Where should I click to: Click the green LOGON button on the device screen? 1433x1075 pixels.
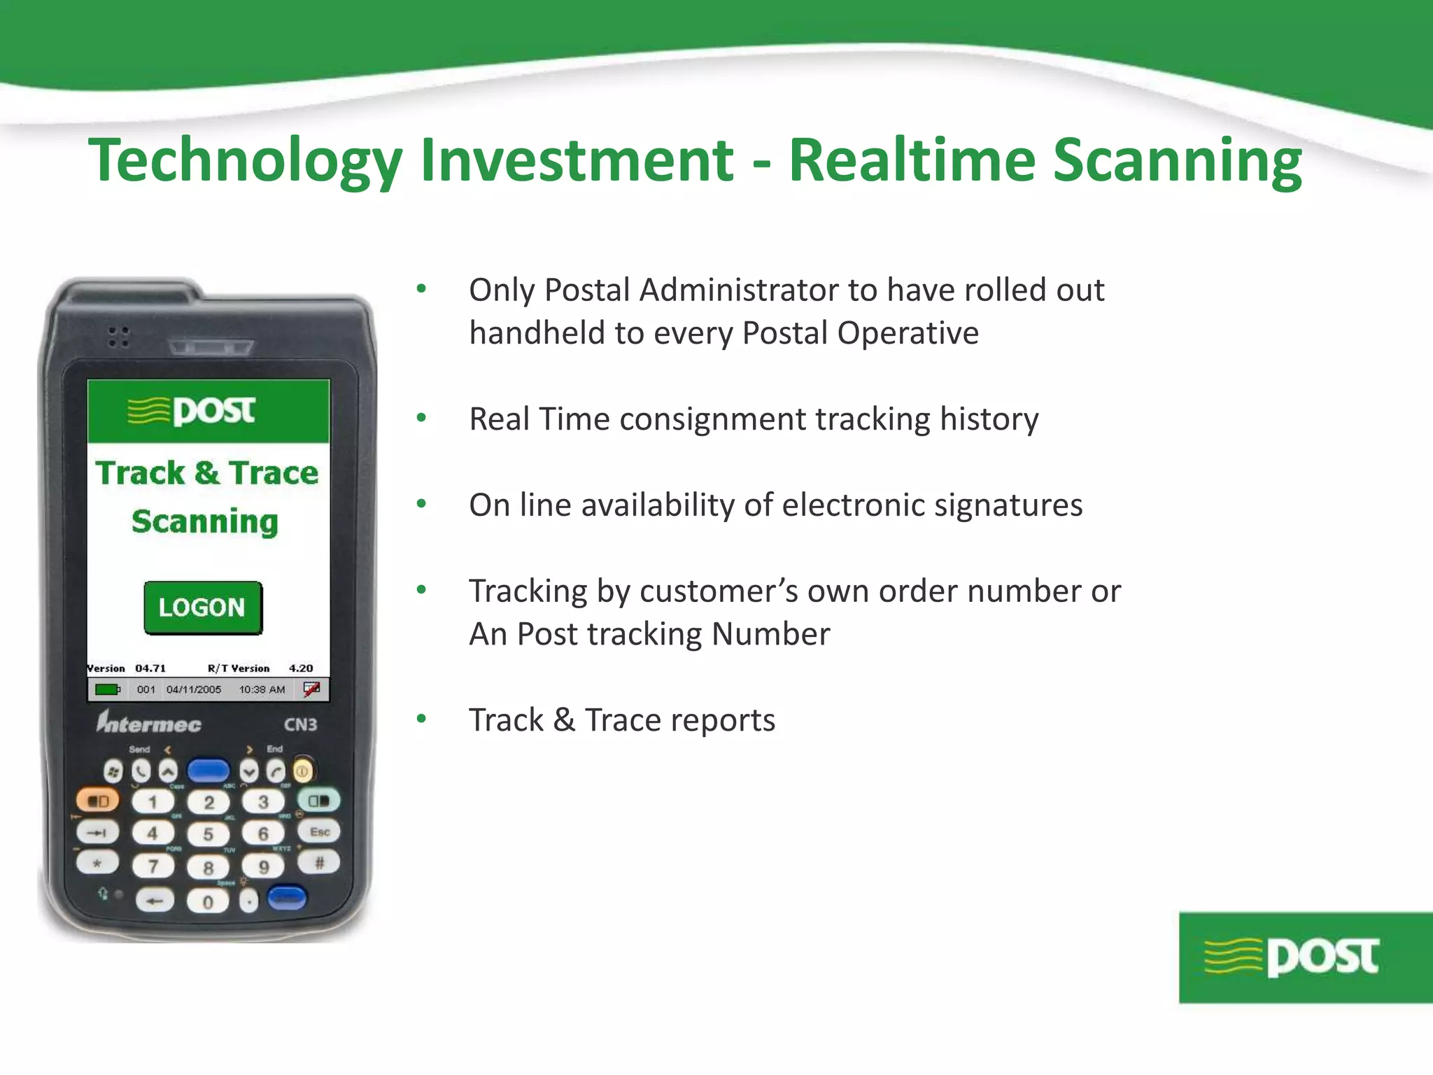point(203,607)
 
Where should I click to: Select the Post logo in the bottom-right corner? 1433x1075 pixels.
point(1305,957)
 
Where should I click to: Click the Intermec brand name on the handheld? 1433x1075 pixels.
point(149,722)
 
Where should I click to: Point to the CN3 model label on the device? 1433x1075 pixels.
point(300,724)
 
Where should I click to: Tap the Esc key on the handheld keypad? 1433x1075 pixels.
point(319,832)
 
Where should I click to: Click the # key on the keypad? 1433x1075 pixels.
point(319,863)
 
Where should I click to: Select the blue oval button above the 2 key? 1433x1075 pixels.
point(209,771)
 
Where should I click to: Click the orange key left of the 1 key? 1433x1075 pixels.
point(97,801)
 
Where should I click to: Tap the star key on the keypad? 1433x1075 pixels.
point(97,863)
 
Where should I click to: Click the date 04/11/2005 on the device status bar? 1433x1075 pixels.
point(194,689)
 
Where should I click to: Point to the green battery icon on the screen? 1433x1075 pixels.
point(107,689)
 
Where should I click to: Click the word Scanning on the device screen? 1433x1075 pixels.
point(205,521)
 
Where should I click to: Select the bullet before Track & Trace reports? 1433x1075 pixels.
point(421,719)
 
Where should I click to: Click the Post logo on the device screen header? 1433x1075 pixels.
point(192,411)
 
